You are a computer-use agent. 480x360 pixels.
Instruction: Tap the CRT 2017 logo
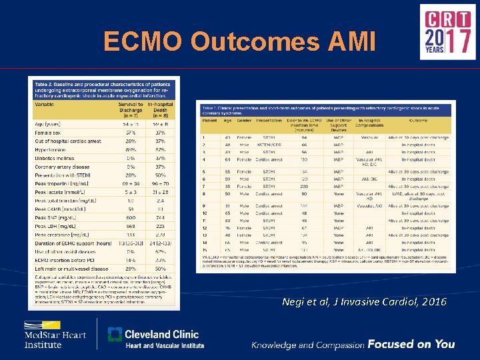tap(447, 32)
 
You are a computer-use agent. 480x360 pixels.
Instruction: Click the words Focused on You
tap(411, 344)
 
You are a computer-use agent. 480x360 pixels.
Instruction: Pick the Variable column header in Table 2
tap(45, 104)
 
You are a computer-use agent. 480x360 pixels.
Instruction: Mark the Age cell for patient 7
tap(227, 187)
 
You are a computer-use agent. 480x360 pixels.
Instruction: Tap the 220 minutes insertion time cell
tap(304, 187)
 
